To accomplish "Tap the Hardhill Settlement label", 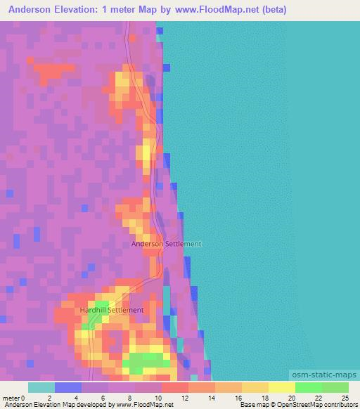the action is click(x=111, y=310).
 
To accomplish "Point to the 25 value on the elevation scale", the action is click(x=345, y=398).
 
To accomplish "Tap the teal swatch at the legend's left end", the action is click(x=41, y=387).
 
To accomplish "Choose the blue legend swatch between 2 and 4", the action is click(x=68, y=387).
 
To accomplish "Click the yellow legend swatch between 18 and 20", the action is click(x=282, y=387).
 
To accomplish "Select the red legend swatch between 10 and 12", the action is click(x=175, y=387).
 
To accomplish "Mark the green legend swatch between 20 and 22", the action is click(x=309, y=387).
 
